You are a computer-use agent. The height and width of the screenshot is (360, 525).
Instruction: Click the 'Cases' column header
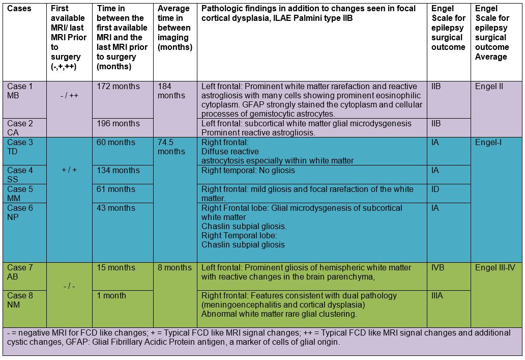point(19,9)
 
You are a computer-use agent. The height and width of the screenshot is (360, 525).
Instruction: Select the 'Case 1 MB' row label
point(20,91)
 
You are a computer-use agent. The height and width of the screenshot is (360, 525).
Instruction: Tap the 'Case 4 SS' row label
point(20,175)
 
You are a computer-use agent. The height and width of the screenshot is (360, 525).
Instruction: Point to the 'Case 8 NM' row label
point(20,300)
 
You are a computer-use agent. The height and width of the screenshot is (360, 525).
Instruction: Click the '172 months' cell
point(119,87)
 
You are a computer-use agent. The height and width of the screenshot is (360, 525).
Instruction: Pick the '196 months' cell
point(119,124)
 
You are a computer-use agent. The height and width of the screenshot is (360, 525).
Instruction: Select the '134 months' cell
point(119,171)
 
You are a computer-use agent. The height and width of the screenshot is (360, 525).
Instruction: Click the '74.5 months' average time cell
point(171,147)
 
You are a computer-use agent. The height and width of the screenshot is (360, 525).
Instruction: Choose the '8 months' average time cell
point(174,268)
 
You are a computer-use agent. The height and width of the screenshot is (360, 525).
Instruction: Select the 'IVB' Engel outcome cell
point(438,268)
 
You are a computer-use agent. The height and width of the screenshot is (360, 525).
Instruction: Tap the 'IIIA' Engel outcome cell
point(438,296)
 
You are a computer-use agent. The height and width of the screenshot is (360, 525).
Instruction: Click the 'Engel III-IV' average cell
point(495,268)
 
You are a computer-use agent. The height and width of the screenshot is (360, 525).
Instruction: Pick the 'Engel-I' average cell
point(488,143)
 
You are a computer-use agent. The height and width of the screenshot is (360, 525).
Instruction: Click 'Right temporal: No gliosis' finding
point(248,171)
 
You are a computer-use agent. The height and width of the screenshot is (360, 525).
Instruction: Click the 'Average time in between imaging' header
point(174,28)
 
